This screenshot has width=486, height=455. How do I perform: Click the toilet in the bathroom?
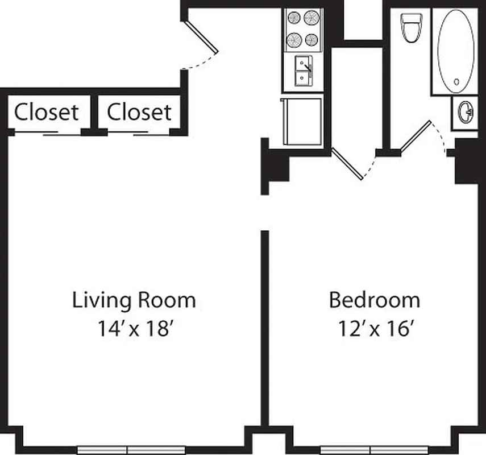tap(410, 27)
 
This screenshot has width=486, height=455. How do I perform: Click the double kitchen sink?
tap(302, 71)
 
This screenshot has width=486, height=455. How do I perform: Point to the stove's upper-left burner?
tap(294, 18)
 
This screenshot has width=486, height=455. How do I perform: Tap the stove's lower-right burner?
tap(311, 40)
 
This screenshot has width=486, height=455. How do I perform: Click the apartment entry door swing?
tap(200, 40)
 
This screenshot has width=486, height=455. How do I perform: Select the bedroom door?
tap(348, 164)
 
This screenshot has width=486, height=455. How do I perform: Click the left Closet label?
tap(46, 112)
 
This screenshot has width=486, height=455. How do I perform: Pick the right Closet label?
tap(139, 112)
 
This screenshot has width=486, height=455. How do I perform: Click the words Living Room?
tap(134, 300)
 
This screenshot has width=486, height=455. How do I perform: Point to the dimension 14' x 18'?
tap(134, 329)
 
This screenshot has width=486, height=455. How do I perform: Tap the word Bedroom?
tap(375, 300)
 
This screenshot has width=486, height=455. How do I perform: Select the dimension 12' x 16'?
tap(375, 329)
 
